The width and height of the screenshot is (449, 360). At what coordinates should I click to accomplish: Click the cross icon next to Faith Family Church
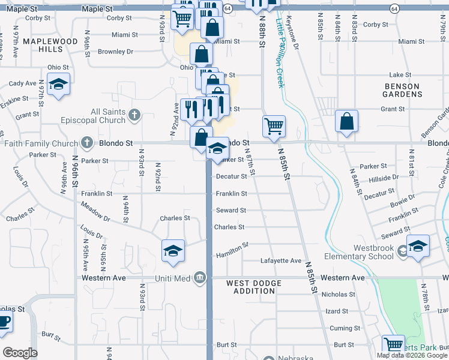tap(88, 143)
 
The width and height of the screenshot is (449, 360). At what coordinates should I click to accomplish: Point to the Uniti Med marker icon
tap(200, 277)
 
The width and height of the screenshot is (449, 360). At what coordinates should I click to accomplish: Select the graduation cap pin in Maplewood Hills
tap(58, 85)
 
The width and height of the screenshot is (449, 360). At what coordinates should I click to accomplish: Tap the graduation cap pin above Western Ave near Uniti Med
tap(173, 250)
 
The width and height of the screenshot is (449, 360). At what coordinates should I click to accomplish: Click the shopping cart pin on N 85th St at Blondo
tap(274, 127)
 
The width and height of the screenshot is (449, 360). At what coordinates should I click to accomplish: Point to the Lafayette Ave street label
tap(280, 261)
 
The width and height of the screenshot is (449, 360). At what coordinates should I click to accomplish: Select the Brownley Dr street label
tap(115, 52)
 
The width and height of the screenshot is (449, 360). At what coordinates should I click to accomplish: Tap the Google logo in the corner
tap(20, 353)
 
